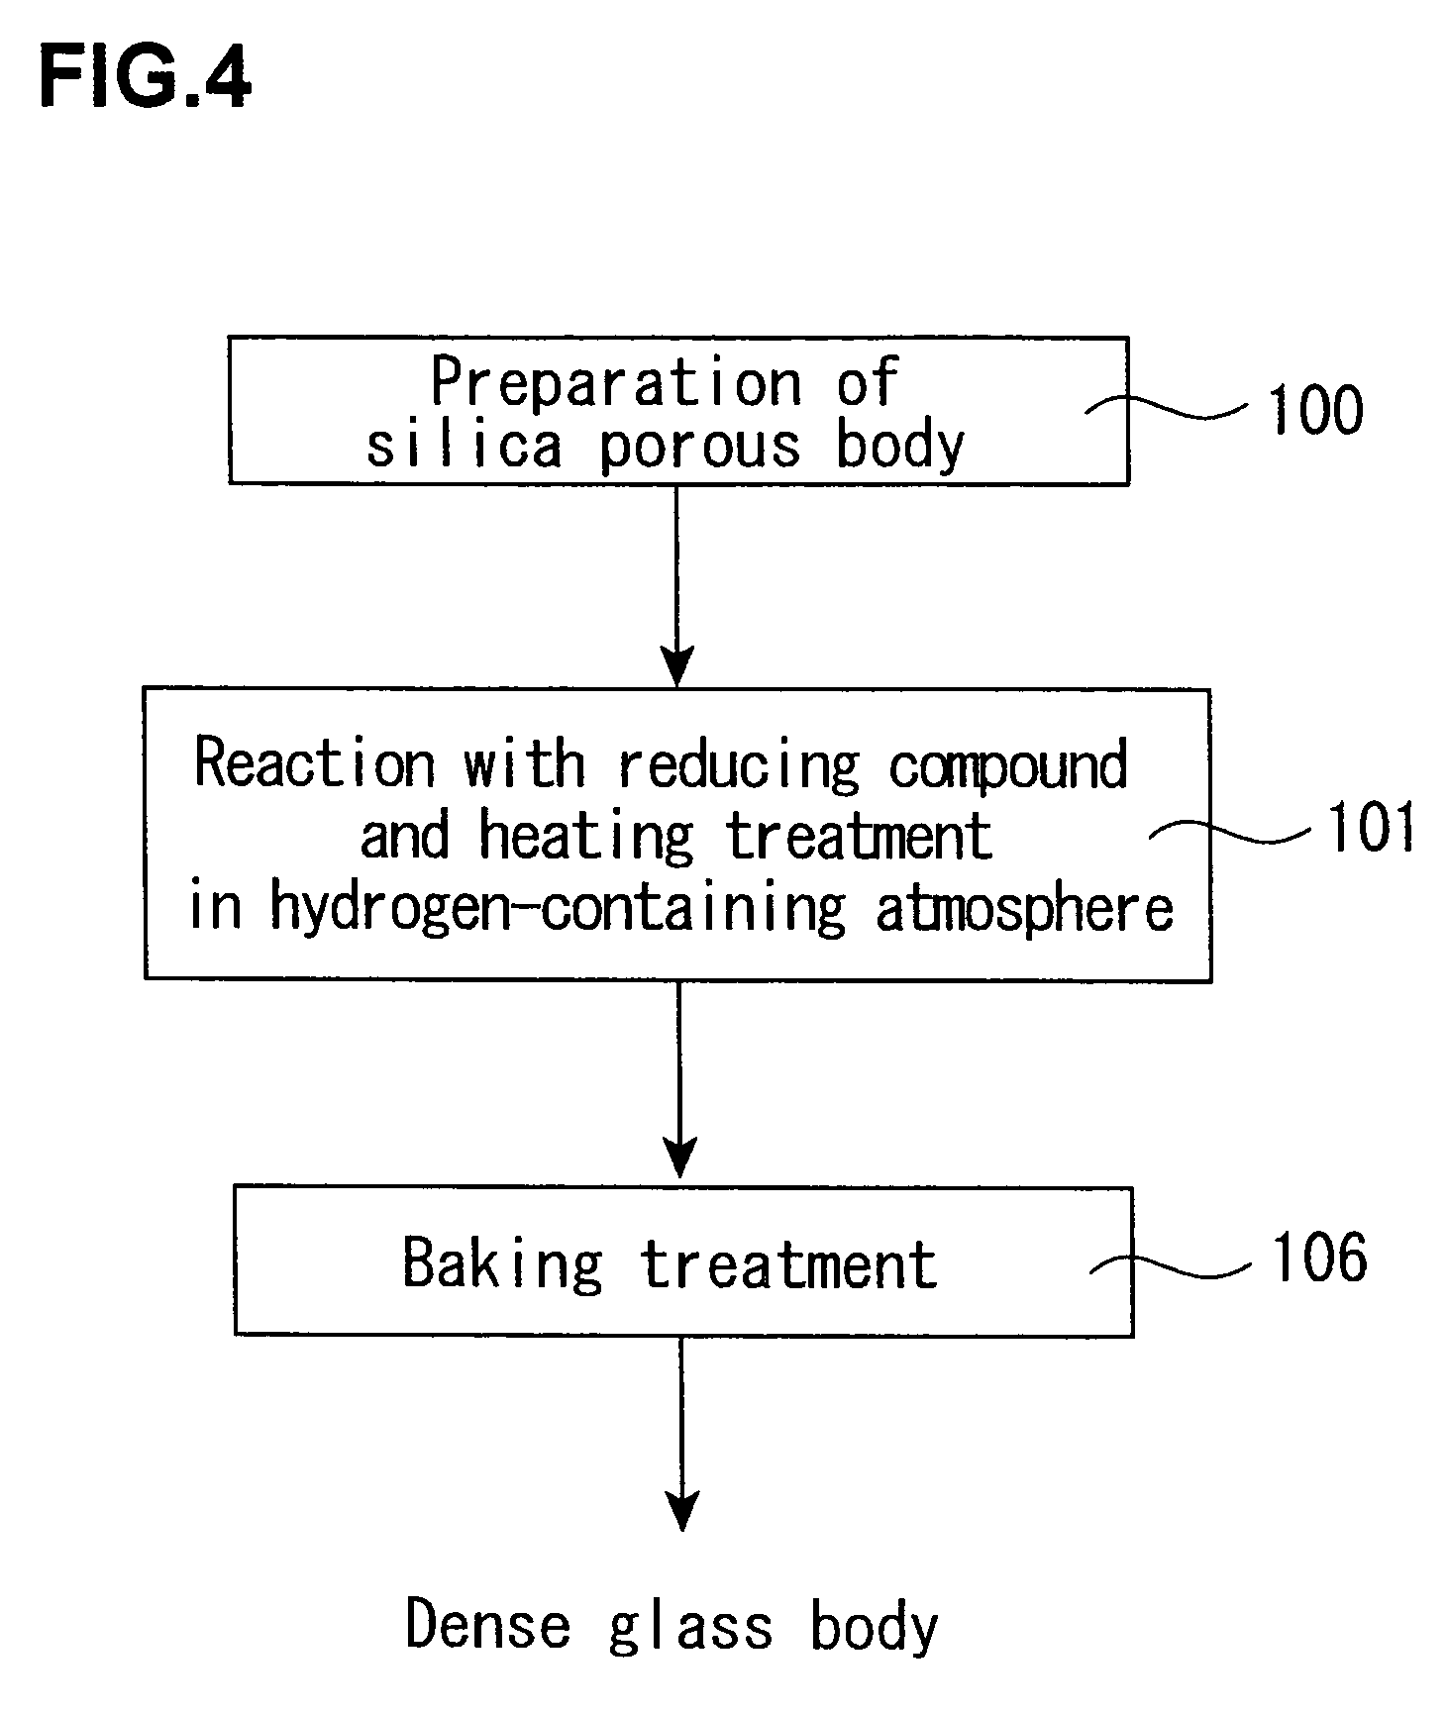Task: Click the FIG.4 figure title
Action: pos(145,76)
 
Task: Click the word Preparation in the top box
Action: pos(616,383)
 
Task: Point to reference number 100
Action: pos(1315,409)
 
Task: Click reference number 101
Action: pos(1371,827)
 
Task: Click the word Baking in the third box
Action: pos(502,1264)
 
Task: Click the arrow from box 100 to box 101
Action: pos(676,585)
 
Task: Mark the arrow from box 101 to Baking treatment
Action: pos(678,1079)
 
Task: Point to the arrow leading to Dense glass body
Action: pos(681,1434)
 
